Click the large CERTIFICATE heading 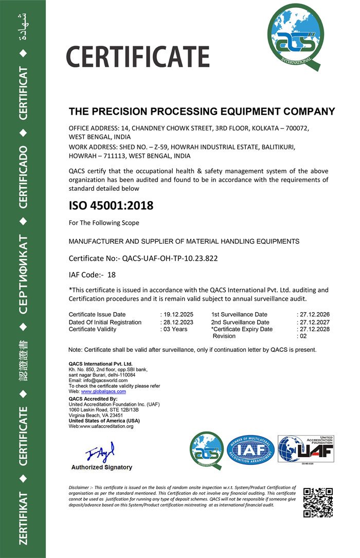click(x=138, y=57)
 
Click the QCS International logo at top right click(x=295, y=39)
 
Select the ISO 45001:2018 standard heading click(x=111, y=206)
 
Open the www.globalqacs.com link click(x=103, y=391)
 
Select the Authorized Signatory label click(x=101, y=467)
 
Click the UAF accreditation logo click(x=305, y=450)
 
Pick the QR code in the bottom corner click(x=318, y=502)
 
